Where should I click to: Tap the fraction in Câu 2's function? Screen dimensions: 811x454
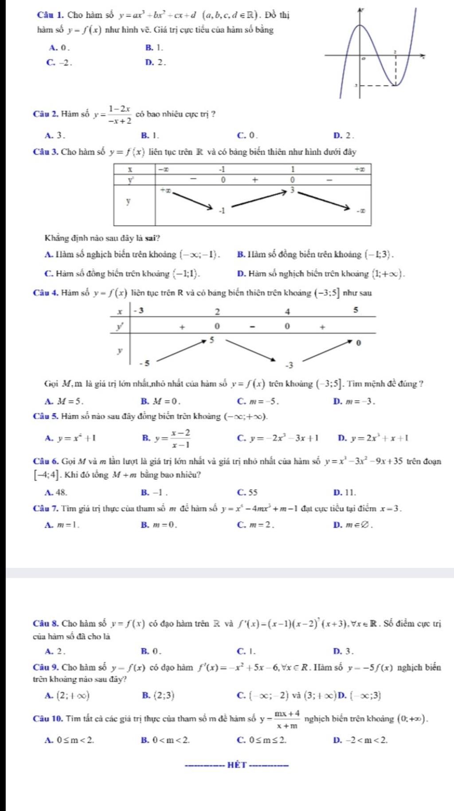[x=120, y=114]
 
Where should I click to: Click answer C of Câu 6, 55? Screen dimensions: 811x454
[x=247, y=492]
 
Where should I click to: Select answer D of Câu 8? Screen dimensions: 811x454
[x=344, y=651]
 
